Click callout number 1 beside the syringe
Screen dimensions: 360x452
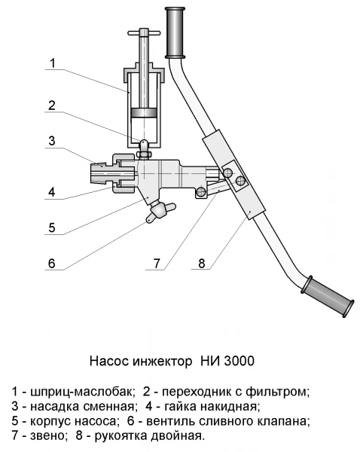(x=53, y=63)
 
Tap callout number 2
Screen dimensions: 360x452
(x=52, y=105)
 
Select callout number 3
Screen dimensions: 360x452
(x=52, y=141)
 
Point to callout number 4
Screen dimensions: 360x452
(x=52, y=191)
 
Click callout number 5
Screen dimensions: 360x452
(x=52, y=228)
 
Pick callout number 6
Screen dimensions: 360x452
(x=52, y=263)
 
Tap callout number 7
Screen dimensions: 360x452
(x=157, y=263)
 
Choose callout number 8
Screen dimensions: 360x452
(x=202, y=263)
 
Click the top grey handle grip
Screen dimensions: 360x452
(x=175, y=32)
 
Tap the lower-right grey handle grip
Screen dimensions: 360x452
(x=328, y=297)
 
